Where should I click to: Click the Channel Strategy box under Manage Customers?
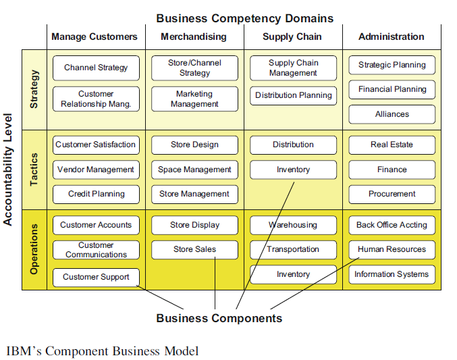pyautogui.click(x=96, y=68)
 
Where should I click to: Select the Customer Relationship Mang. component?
pyautogui.click(x=96, y=99)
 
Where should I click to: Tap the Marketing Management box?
pyautogui.click(x=194, y=99)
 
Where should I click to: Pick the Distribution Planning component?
pyautogui.click(x=293, y=96)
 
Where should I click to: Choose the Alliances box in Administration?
pyautogui.click(x=392, y=114)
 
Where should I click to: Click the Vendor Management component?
pyautogui.click(x=96, y=170)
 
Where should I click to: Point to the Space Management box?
pyautogui.click(x=194, y=170)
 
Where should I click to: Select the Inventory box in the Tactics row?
pyautogui.click(x=293, y=170)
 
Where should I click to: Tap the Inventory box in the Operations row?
pyautogui.click(x=293, y=274)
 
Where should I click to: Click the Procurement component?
pyautogui.click(x=392, y=195)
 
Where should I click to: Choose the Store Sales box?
pyautogui.click(x=194, y=250)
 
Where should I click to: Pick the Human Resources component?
pyautogui.click(x=392, y=250)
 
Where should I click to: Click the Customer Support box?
pyautogui.click(x=96, y=278)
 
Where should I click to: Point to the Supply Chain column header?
pyautogui.click(x=292, y=36)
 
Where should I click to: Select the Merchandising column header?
pyautogui.click(x=194, y=36)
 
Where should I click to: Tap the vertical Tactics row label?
pyautogui.click(x=34, y=170)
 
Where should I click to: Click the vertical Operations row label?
pyautogui.click(x=34, y=249)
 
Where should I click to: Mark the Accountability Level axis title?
pyautogui.click(x=8, y=170)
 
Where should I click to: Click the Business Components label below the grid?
pyautogui.click(x=219, y=318)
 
